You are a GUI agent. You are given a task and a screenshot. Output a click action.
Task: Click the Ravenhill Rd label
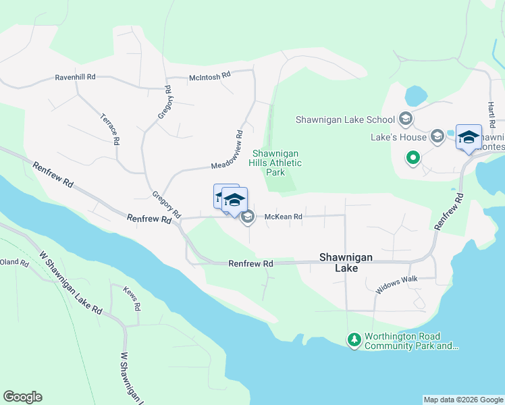pos(75,78)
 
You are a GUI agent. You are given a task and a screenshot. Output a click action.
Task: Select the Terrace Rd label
pos(110,128)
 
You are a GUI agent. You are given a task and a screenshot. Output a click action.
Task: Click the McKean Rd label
pos(283,217)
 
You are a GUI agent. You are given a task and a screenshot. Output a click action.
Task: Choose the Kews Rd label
pos(132,298)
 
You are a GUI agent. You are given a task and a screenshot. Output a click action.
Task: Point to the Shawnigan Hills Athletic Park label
pos(277,163)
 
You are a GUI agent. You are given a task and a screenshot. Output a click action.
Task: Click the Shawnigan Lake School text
pos(345,120)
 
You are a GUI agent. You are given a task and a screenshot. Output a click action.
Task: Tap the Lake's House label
pos(398,137)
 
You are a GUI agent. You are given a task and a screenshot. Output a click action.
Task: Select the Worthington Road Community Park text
pos(411,341)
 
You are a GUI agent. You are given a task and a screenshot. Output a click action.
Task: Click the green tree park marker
pos(354,340)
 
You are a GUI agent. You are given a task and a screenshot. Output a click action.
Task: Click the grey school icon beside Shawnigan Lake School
pos(405,120)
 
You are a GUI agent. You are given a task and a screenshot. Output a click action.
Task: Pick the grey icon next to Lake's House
pos(437,137)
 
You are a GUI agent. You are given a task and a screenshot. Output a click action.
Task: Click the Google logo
pos(22,397)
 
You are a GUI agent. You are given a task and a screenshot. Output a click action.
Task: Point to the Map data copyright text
pos(462,400)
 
